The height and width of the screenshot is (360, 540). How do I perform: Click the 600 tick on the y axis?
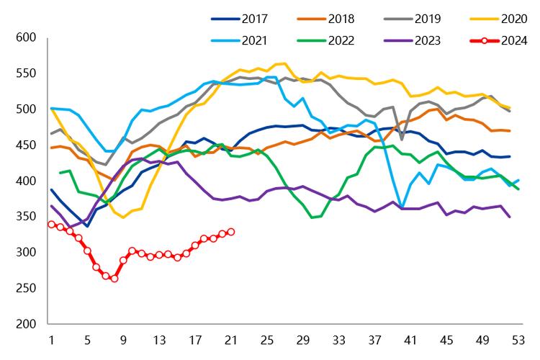pos(27,37)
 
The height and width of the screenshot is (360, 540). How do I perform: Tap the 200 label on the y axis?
pos(27,323)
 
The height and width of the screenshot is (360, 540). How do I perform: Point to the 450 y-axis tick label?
pos(27,145)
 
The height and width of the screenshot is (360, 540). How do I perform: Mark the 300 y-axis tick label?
pos(27,252)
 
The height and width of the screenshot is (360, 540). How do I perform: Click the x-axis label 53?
pos(518,340)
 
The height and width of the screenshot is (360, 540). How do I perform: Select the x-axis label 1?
pos(51,340)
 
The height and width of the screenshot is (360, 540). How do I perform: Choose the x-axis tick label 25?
pos(266,340)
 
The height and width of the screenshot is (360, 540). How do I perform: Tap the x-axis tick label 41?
pos(410,340)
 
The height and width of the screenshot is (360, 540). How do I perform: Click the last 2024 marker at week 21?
pos(230,232)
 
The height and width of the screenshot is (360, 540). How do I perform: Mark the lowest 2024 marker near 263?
pos(114,278)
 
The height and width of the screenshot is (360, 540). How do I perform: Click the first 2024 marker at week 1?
pos(51,224)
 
